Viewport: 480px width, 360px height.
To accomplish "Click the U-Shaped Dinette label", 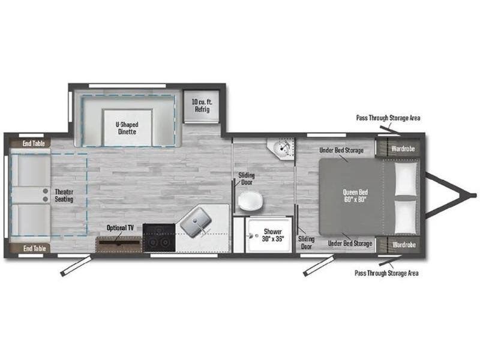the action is [x=127, y=128].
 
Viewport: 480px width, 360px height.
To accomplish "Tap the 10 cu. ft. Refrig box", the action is [x=202, y=106].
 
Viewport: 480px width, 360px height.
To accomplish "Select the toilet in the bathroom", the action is [x=250, y=201].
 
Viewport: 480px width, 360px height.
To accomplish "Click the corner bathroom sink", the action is [x=281, y=148].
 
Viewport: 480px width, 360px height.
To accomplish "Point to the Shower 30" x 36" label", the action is [x=273, y=235].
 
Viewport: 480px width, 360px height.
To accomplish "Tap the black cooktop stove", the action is [x=159, y=238].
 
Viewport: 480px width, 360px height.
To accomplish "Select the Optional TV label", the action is [x=120, y=228].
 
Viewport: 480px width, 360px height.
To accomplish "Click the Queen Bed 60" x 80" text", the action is [x=355, y=196].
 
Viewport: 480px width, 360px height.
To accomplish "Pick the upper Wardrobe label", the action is [x=403, y=149].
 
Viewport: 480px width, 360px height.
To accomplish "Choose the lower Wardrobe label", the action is [x=404, y=245].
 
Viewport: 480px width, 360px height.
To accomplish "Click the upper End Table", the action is [x=30, y=143].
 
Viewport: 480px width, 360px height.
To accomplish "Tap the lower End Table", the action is [x=30, y=248].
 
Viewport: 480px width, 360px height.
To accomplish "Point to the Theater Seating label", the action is [x=64, y=196].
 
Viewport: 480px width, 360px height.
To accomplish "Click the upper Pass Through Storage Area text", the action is [x=388, y=118].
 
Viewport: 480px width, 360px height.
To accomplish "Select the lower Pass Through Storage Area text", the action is [x=386, y=273].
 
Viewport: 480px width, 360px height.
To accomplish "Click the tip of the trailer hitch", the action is [x=475, y=195].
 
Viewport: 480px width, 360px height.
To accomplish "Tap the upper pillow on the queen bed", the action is [x=406, y=179].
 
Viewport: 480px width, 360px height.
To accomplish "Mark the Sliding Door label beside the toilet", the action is [x=247, y=179].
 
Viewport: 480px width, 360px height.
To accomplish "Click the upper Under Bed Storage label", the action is [x=341, y=151].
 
